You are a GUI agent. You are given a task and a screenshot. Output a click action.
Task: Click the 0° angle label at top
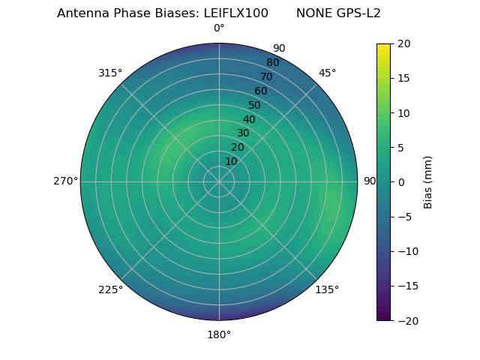coord(219,28)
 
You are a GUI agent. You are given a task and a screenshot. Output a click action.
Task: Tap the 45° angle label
coord(327,73)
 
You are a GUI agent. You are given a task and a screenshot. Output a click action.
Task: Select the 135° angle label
coord(327,289)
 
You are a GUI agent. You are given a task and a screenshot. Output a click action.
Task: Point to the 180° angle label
coord(219,334)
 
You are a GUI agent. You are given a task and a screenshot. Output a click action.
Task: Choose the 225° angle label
coord(110,289)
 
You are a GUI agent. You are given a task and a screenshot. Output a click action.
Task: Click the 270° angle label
coord(65,181)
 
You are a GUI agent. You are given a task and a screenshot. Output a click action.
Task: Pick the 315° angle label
coord(110,73)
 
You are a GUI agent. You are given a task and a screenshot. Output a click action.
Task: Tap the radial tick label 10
coord(232,161)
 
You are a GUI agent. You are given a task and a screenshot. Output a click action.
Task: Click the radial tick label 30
coord(244,133)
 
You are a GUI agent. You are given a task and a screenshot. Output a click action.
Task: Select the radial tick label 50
coord(255,106)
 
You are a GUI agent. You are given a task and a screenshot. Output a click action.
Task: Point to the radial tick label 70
coord(266,77)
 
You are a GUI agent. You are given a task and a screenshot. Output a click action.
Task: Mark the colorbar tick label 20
coord(403,43)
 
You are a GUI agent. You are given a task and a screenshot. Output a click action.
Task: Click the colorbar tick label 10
coord(403,112)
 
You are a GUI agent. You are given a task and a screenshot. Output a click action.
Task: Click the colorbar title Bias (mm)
coord(428,181)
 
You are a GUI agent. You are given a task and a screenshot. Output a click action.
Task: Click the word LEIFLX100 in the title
coord(236,13)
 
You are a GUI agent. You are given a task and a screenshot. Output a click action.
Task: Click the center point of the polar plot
coord(219,181)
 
